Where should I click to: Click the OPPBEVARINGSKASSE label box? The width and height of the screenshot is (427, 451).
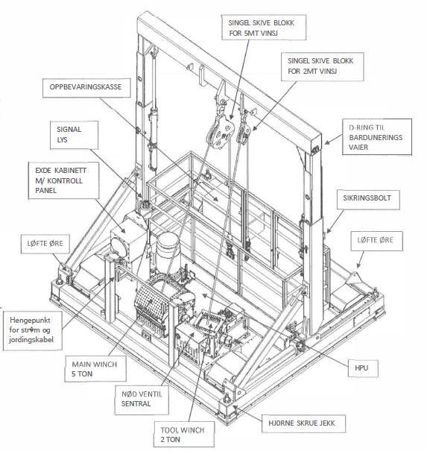tap(86, 87)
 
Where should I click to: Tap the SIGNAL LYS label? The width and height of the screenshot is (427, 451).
tap(75, 135)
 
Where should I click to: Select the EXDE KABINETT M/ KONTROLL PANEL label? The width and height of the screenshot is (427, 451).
tap(63, 180)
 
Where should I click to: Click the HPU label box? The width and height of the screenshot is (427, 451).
tap(363, 368)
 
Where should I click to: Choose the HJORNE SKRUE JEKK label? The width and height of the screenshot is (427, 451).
tap(303, 423)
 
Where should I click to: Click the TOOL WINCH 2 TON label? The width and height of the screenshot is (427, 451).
tap(184, 435)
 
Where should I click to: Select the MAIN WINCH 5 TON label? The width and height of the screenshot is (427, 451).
tap(95, 369)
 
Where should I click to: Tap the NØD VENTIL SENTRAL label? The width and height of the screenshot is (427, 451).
tap(142, 400)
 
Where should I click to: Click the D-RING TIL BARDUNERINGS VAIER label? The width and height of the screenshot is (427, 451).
tap(376, 137)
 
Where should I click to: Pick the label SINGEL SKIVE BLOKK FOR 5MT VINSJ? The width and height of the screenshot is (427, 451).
tap(264, 28)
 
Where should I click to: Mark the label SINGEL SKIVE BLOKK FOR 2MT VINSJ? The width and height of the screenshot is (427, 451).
tap(323, 66)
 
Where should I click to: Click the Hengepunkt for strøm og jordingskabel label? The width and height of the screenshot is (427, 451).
tap(33, 329)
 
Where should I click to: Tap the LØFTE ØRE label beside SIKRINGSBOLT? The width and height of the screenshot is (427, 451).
tap(376, 241)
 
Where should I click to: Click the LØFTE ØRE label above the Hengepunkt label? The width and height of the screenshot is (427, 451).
tap(45, 244)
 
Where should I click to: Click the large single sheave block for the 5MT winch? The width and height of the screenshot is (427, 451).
tap(221, 131)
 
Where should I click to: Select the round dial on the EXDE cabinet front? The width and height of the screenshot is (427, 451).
tap(118, 245)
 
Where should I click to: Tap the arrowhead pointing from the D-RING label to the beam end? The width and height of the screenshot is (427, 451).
tap(327, 142)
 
